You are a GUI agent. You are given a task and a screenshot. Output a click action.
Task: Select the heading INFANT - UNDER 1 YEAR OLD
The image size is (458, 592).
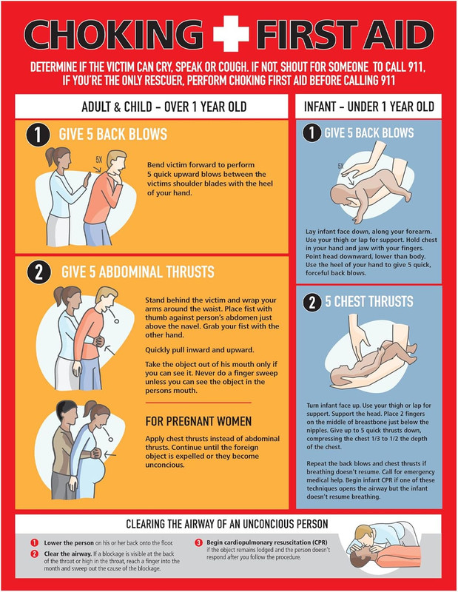click(369, 107)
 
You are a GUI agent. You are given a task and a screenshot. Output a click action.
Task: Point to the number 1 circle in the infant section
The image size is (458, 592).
click(311, 133)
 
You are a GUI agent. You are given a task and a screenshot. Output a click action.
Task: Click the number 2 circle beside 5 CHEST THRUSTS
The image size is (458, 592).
click(311, 302)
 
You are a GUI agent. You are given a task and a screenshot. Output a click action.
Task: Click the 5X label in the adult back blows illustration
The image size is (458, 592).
click(98, 159)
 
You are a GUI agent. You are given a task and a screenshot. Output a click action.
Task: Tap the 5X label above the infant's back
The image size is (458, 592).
click(341, 166)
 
